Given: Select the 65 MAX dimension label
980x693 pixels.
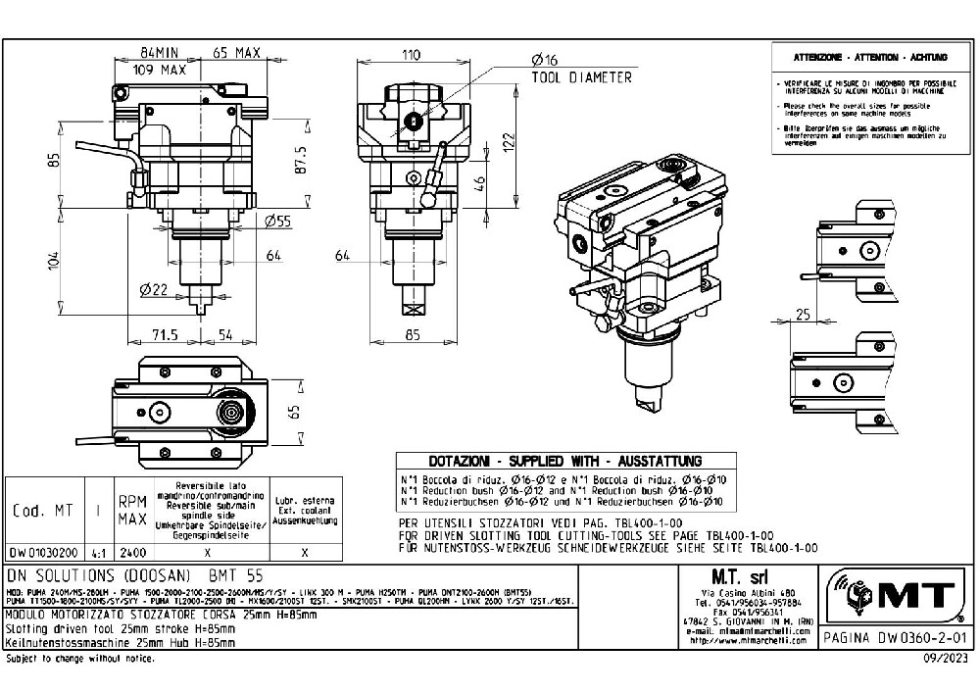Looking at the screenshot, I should click(x=236, y=53).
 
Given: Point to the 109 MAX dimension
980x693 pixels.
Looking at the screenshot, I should click(x=160, y=71).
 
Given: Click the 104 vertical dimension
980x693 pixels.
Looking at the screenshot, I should click(x=55, y=260).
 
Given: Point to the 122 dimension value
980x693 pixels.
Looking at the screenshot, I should click(x=509, y=140).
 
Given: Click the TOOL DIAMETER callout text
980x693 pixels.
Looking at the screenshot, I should click(x=581, y=77).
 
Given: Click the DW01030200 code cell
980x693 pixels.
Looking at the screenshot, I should click(x=43, y=553).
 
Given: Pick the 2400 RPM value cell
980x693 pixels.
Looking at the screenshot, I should click(x=131, y=553).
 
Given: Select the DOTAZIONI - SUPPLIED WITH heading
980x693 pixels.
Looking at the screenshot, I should click(x=564, y=461).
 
